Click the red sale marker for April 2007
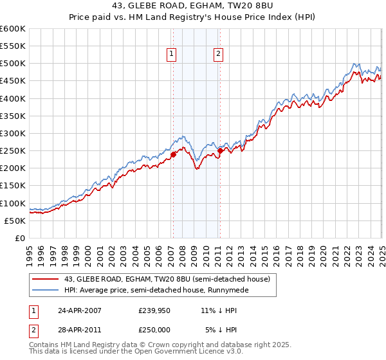tap(173, 154)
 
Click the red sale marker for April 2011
tap(220, 151)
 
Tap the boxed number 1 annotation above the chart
tap(172, 55)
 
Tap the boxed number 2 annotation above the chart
tap(219, 55)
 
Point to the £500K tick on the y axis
tap(13, 64)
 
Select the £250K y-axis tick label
tap(13, 151)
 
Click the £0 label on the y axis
tap(20, 239)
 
